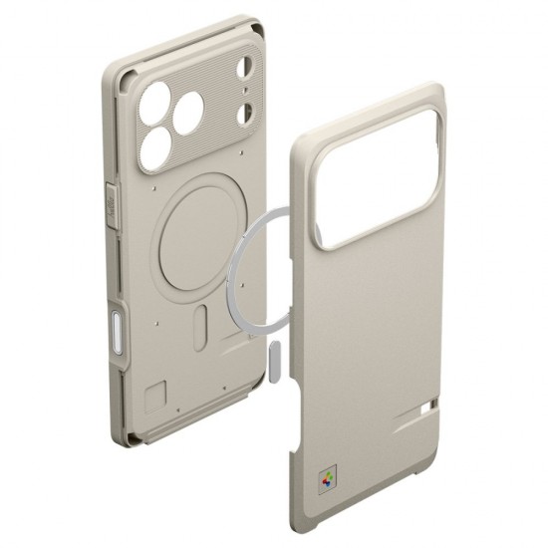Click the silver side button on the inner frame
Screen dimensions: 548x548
tap(121, 328)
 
